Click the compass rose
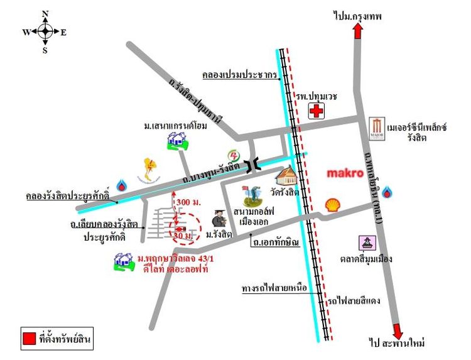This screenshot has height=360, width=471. (x=45, y=31)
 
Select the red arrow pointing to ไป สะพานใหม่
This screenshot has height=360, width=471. (x=398, y=331)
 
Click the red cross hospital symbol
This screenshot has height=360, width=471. (x=317, y=111)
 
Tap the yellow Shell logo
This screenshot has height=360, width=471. (x=333, y=204)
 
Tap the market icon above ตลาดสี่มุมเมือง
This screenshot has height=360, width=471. (x=366, y=243)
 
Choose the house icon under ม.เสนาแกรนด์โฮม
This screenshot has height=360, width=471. (x=177, y=143)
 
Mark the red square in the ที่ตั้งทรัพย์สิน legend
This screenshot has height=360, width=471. (x=29, y=338)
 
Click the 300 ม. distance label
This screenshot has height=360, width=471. (x=188, y=202)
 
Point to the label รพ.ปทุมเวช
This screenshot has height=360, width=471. (x=317, y=95)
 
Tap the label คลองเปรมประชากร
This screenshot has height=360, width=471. (x=240, y=75)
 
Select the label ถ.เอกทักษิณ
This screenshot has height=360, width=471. (x=274, y=241)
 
